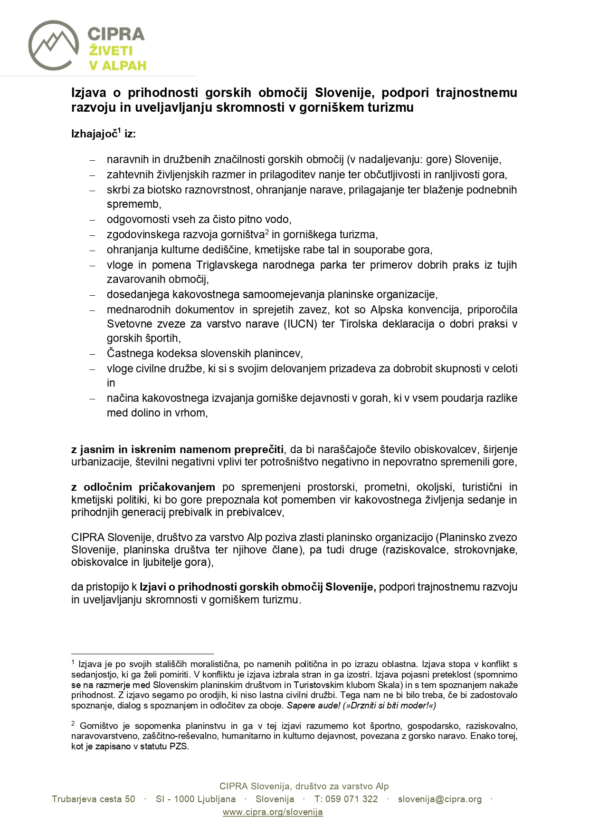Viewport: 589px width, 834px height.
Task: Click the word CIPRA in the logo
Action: [x=116, y=34]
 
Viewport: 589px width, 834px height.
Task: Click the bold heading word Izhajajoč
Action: [x=94, y=134]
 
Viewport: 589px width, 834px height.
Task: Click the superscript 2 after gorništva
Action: [x=267, y=232]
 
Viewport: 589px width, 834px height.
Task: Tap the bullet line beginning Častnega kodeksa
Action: [x=204, y=353]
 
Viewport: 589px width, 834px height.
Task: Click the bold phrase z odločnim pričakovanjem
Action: [x=143, y=487]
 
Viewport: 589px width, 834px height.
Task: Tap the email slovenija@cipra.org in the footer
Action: [x=439, y=799]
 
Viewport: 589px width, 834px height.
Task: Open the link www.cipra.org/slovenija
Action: [x=273, y=812]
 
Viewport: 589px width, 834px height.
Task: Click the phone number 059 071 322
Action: [x=351, y=799]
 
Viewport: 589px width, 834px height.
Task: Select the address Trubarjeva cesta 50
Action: [x=94, y=799]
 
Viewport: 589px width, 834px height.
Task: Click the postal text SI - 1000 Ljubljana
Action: [x=196, y=799]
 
